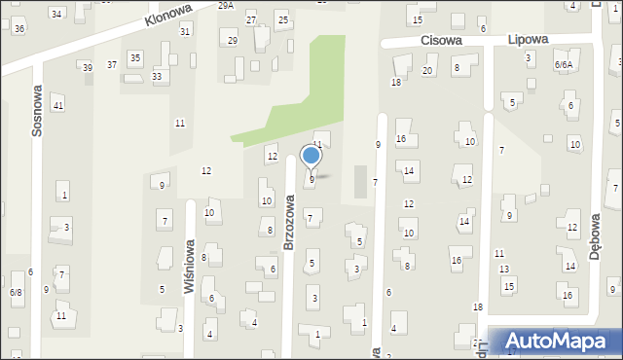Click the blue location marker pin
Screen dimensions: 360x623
pos(311,156)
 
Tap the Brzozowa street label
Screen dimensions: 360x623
pos(289,221)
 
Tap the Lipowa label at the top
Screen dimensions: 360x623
pos(529,40)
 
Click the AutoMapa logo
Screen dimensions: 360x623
pos(560,342)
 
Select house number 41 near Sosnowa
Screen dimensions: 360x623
pos(58,105)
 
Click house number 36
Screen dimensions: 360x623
pos(19,29)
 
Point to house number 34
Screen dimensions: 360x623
pos(56,14)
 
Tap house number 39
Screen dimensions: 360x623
pos(88,67)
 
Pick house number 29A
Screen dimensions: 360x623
pos(226,6)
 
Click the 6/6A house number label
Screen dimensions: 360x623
pos(564,64)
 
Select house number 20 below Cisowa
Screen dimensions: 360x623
pos(427,71)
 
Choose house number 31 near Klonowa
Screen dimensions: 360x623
pos(185,32)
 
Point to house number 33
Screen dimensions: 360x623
pos(157,76)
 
